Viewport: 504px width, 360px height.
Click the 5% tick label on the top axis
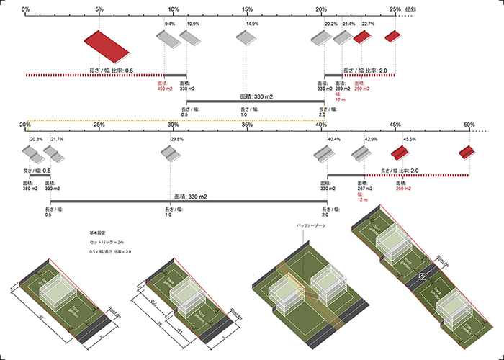click(x=99, y=9)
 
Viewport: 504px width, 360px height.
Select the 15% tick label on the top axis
click(x=248, y=9)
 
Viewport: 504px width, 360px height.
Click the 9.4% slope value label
click(x=170, y=24)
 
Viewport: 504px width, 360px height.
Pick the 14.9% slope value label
click(x=252, y=24)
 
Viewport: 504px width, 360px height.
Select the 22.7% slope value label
click(x=368, y=24)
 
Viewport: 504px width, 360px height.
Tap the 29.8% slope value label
click(x=177, y=139)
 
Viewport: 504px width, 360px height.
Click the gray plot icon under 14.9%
click(x=246, y=37)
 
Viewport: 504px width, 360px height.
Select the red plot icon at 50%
click(x=469, y=152)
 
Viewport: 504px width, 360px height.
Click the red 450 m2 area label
click(x=165, y=86)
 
